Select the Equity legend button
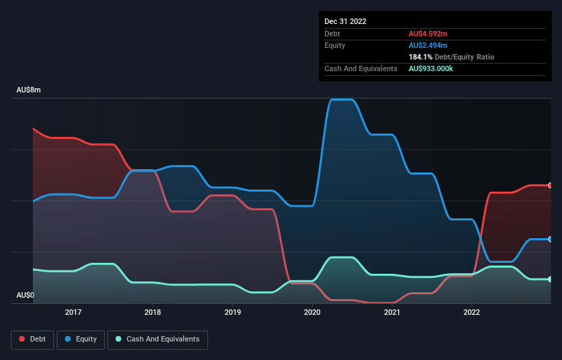tap(81, 339)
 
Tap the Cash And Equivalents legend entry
tap(157, 339)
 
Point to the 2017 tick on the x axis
tap(73, 312)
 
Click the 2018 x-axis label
tap(153, 312)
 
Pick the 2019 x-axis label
tap(233, 312)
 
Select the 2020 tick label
tap(312, 312)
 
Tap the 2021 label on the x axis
tap(392, 312)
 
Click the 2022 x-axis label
tap(472, 312)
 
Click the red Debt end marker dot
tap(550, 185)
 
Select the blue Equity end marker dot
tap(550, 239)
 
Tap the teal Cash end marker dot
tap(550, 279)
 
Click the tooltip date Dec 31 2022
tap(346, 21)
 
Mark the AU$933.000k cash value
tap(436, 68)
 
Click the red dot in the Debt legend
tap(23, 339)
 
